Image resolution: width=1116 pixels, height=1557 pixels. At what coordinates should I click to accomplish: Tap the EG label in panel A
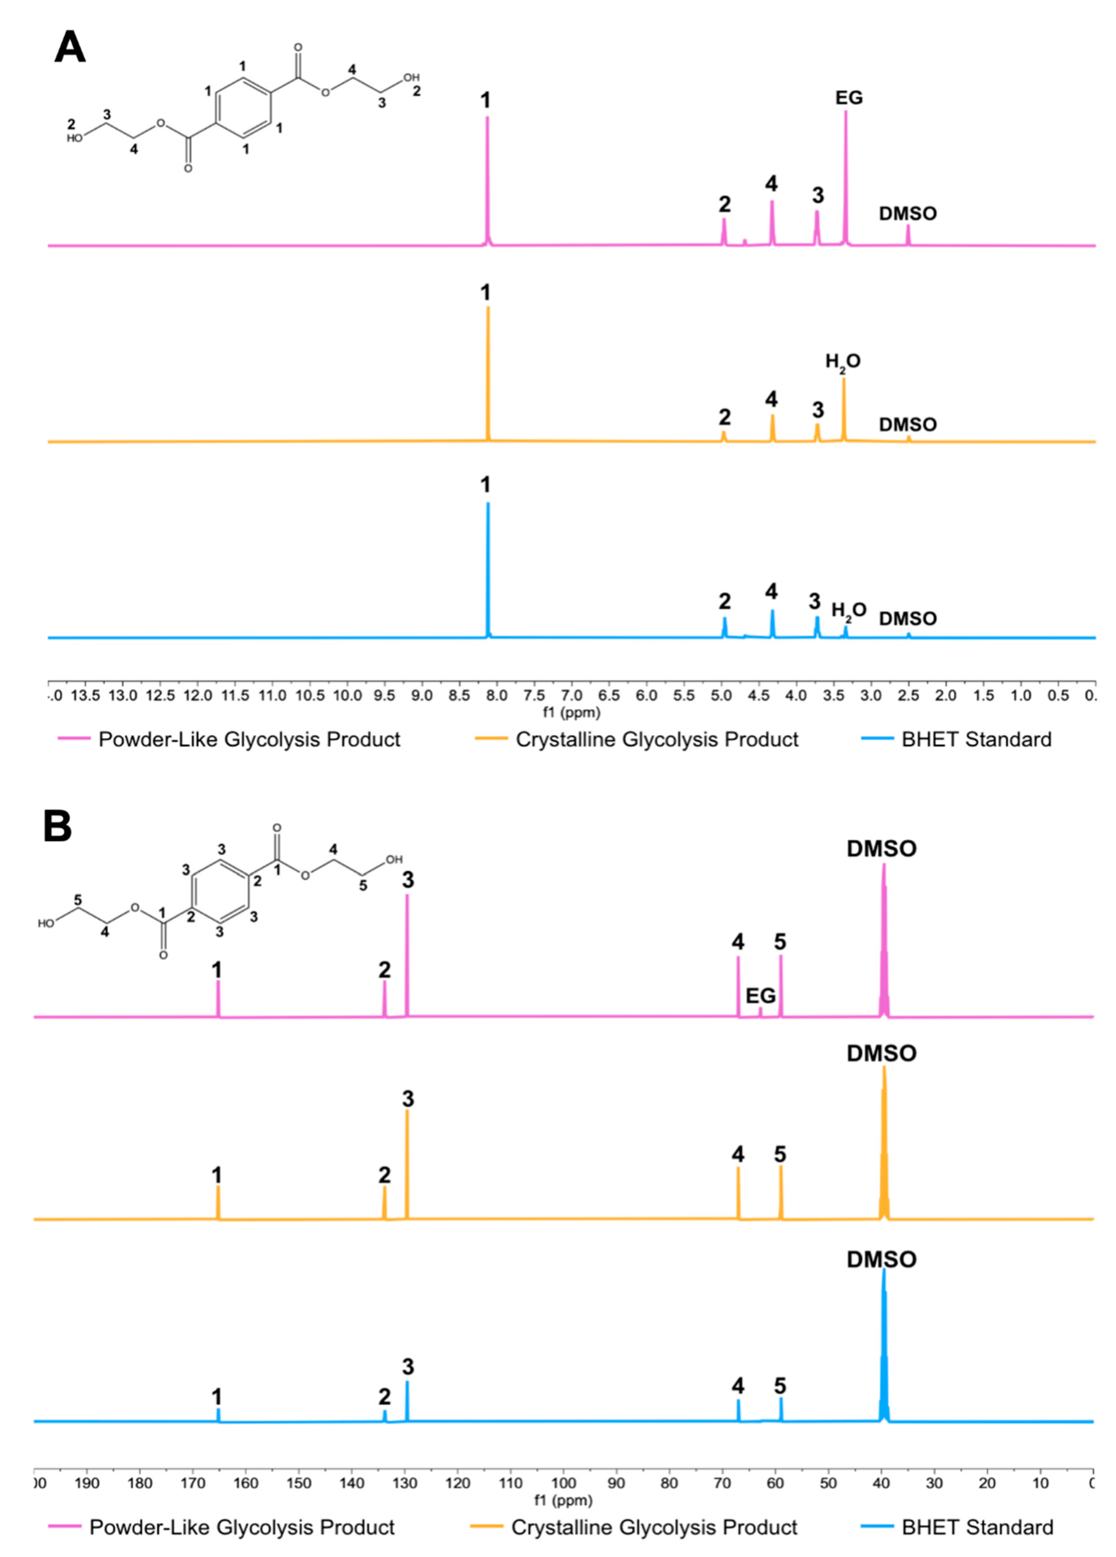(848, 98)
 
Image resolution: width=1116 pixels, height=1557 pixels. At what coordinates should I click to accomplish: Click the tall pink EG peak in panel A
(846, 178)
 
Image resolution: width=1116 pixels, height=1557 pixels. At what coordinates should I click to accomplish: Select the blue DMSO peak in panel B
(883, 1346)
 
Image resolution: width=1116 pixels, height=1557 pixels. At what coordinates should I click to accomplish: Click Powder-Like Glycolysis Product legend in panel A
(249, 739)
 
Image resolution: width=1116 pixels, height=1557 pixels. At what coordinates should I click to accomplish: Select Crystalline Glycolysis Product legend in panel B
(653, 1527)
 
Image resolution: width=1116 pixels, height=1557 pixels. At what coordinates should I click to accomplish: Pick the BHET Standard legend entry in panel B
(977, 1527)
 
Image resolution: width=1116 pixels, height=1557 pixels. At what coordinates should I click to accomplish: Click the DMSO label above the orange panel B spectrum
(881, 1053)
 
